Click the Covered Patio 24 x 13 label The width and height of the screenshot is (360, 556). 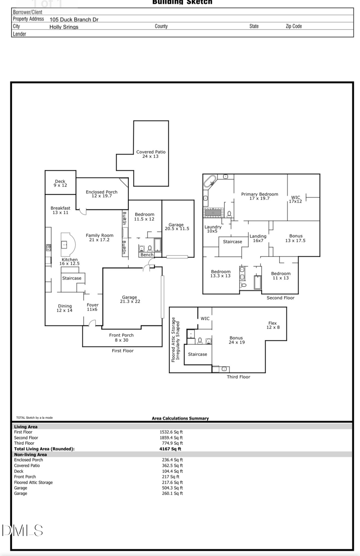[150, 154]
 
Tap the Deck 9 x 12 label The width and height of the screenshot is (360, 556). [60, 183]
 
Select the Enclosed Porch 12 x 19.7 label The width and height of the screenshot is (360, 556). [102, 194]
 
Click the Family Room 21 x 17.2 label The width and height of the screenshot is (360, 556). [99, 237]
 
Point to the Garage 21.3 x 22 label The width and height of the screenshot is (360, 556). [130, 299]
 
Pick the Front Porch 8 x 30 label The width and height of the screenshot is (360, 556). [121, 338]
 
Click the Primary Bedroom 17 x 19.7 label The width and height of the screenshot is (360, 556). [260, 196]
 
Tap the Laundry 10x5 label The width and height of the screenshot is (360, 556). [212, 229]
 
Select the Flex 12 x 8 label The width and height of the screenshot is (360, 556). [273, 325]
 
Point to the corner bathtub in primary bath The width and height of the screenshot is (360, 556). [210, 182]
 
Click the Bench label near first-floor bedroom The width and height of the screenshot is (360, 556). [147, 255]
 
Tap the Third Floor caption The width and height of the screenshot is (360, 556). [238, 377]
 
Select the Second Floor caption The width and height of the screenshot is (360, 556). [280, 298]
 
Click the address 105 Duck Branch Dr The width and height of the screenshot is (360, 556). [74, 19]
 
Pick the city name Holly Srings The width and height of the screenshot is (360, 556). [64, 27]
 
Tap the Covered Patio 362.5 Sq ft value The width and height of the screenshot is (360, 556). [172, 466]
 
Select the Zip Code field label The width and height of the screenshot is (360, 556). [294, 26]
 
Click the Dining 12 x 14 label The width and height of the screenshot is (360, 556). [64, 308]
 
